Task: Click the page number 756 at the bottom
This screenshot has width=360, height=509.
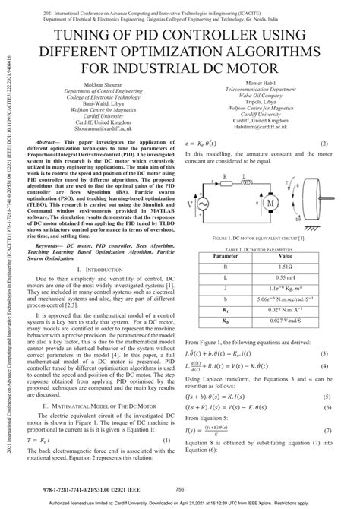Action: (179, 489)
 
